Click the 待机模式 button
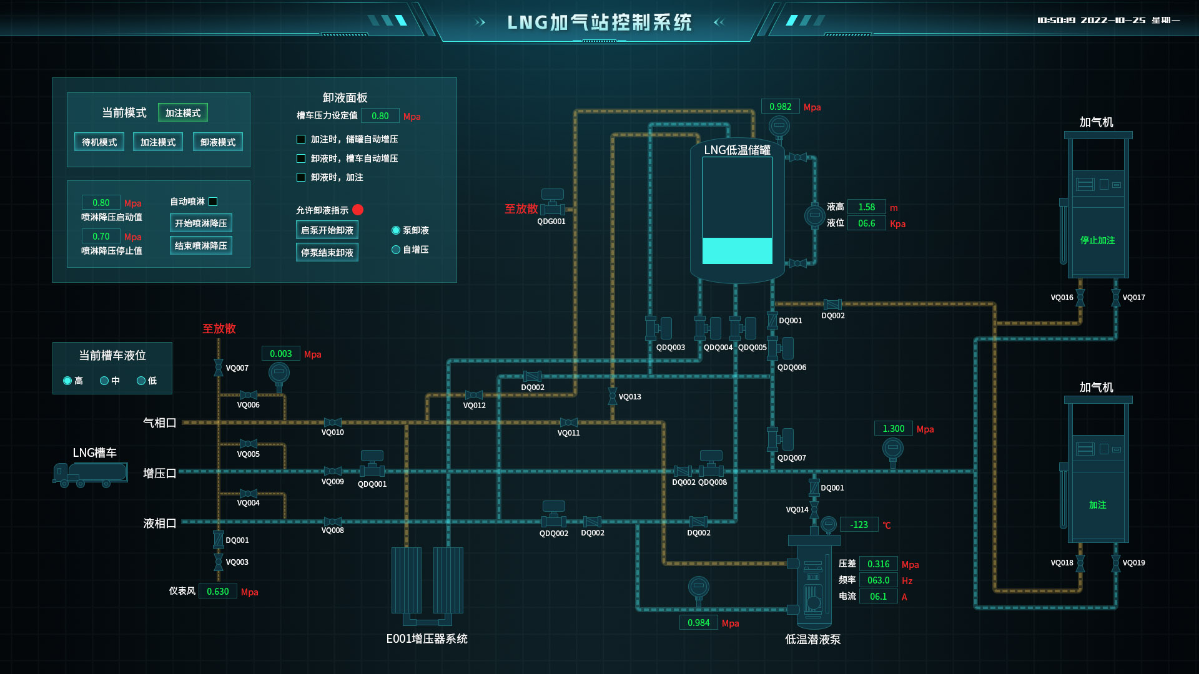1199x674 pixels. pos(99,142)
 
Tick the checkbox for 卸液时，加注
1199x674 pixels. pos(301,177)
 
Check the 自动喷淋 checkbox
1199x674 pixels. pos(213,202)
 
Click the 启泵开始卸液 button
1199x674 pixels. pos(327,230)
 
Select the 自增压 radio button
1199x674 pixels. pos(396,250)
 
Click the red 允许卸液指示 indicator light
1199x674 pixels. pos(358,210)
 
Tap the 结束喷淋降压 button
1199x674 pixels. pos(200,246)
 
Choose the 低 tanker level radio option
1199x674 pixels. pos(141,381)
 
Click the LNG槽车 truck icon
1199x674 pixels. pos(91,474)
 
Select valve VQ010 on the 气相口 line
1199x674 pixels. pos(332,422)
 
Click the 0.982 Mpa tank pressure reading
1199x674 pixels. pos(780,107)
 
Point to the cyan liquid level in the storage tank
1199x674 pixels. pos(737,251)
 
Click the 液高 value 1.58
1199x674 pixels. pos(866,207)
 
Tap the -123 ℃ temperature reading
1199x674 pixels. pos(859,525)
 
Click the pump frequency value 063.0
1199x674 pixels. pos(878,580)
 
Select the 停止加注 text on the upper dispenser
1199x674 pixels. pos(1097,240)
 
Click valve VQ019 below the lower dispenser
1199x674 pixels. pos(1115,563)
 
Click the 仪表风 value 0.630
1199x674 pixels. pos(217,592)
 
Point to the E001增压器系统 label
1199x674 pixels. pos(427,639)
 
